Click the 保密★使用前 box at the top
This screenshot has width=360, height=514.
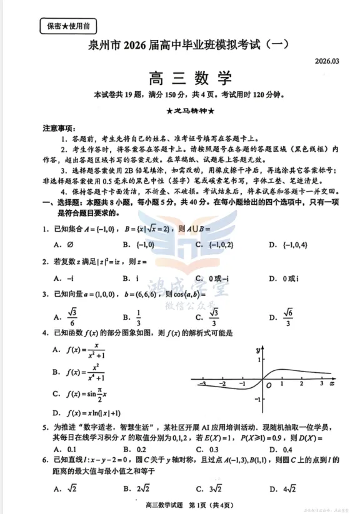point(68,26)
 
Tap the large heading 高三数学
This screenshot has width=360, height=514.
point(191,79)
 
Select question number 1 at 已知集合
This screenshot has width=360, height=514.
point(46,229)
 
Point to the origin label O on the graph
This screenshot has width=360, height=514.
point(268,385)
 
